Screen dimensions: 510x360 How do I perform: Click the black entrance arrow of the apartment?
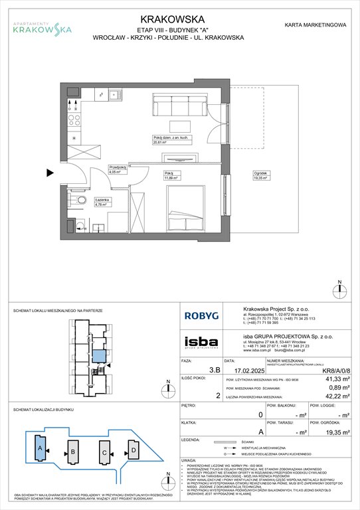(50, 174)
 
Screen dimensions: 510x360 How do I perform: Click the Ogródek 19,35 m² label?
(260, 177)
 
